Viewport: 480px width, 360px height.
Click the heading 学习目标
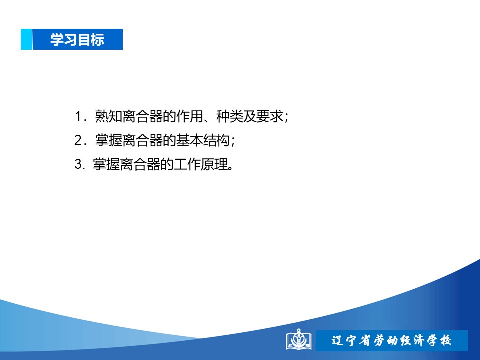coord(77,40)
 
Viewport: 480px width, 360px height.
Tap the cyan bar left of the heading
coord(26,39)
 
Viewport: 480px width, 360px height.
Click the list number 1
coord(78,116)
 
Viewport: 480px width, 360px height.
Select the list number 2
coord(78,140)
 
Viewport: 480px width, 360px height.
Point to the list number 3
coord(78,164)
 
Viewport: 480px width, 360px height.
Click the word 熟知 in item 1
coord(108,116)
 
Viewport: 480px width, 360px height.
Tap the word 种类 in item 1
coord(230,116)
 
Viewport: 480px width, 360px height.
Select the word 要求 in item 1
coord(270,116)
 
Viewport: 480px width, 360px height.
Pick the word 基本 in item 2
coord(190,140)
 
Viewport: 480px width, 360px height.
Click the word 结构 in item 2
coord(216,140)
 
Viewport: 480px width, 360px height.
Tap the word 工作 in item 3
coord(187,164)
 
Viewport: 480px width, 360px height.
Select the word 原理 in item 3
coord(214,164)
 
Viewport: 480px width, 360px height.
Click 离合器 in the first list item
coord(142,116)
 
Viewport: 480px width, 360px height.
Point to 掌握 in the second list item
coord(108,140)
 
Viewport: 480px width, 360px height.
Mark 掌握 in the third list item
coord(106,164)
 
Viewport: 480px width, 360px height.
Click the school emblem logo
coord(299,339)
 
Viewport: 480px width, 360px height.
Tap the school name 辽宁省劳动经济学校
coord(391,340)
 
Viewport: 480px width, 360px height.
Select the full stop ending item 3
coord(231,168)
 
